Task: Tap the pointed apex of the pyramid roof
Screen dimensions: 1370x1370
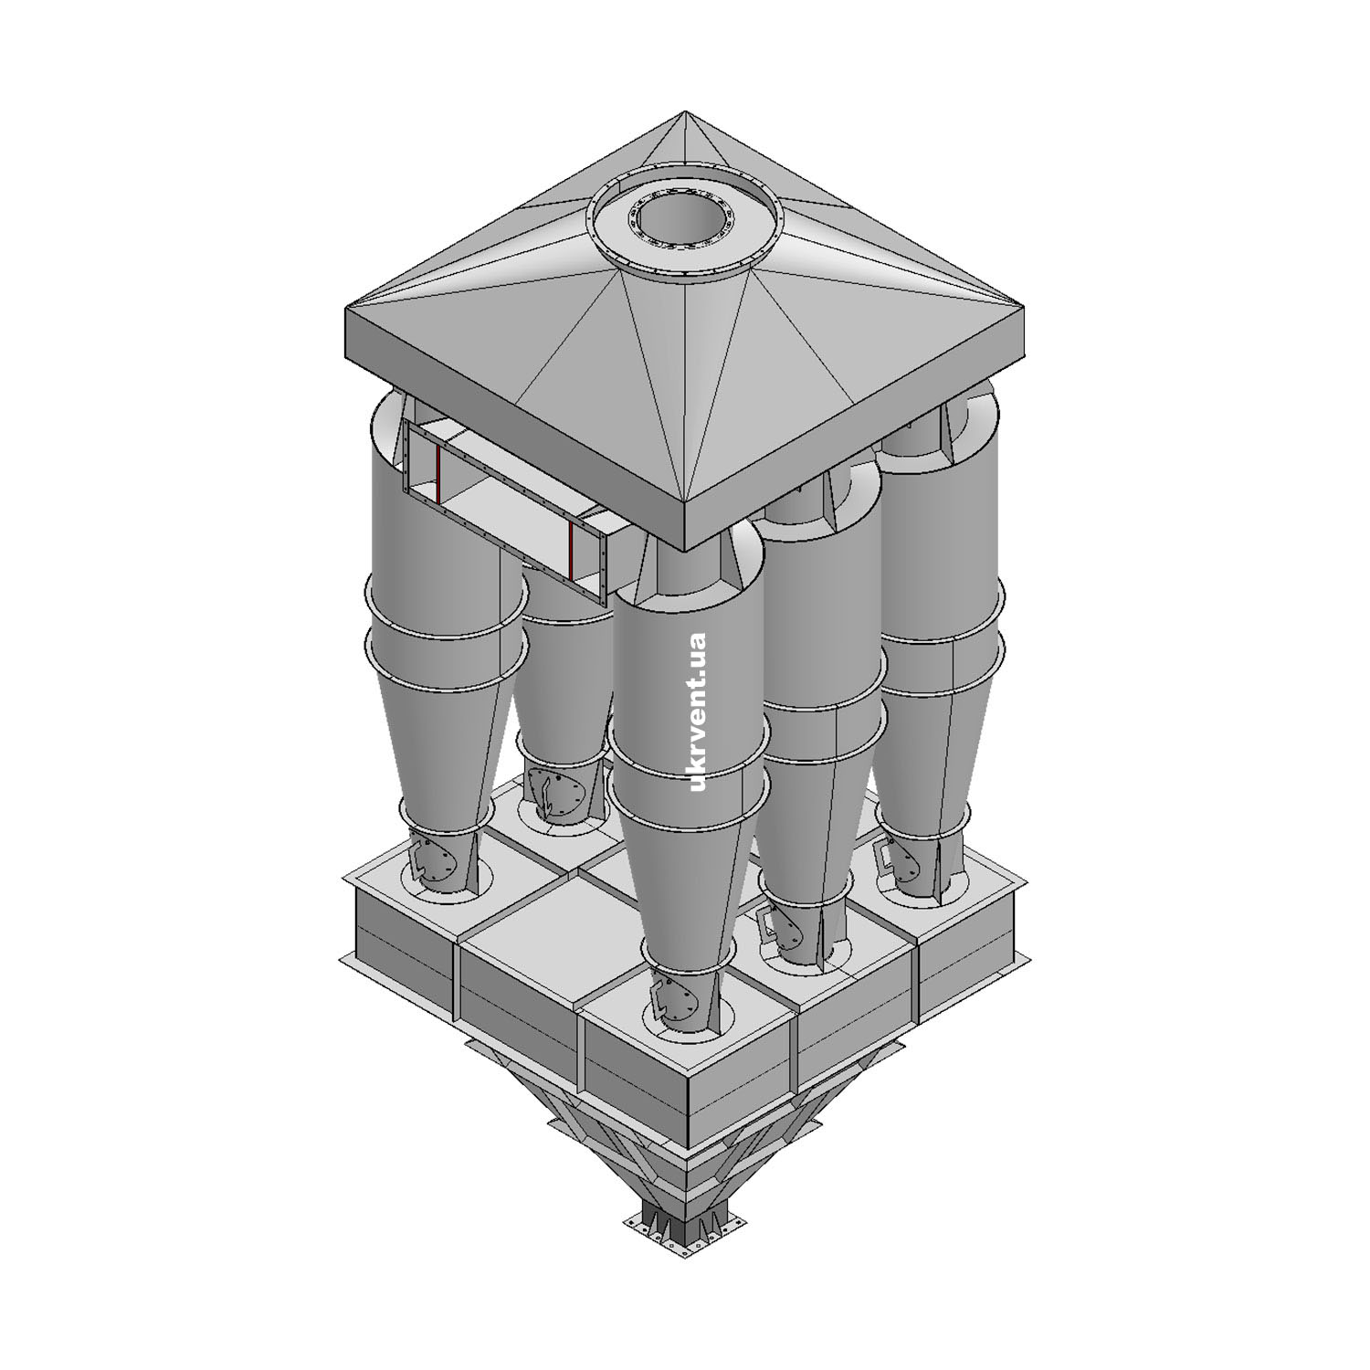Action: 685,112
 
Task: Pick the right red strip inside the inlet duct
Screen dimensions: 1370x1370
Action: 571,550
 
